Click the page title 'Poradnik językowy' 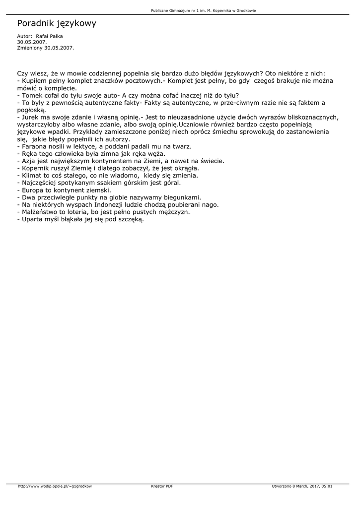[57, 23]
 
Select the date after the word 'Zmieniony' [59, 48]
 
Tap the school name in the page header [204, 10]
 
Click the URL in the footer [55, 486]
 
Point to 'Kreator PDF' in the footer [162, 486]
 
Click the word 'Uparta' [33, 219]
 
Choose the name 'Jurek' [31, 117]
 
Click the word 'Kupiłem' [36, 80]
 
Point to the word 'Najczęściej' [41, 183]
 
